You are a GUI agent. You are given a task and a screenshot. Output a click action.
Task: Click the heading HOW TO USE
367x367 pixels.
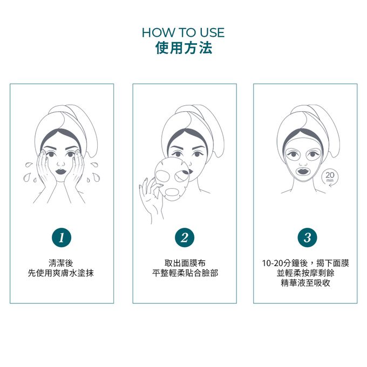pos(183,32)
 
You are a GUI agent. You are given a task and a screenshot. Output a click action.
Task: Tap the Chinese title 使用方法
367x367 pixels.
pos(183,48)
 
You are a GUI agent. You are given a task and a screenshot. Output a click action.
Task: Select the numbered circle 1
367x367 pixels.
pos(62,237)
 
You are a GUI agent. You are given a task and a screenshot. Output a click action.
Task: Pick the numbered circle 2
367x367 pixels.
pos(185,237)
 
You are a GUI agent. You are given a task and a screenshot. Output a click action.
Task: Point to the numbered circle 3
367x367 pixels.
pos(307,237)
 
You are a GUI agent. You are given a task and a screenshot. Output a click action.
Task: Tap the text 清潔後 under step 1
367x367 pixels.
pos(61,263)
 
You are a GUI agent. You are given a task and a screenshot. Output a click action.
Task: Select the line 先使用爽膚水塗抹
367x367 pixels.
pos(61,273)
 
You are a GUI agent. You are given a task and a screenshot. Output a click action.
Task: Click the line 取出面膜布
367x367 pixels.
pos(185,263)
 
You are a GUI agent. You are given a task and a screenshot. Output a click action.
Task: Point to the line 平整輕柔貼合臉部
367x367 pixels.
pos(185,273)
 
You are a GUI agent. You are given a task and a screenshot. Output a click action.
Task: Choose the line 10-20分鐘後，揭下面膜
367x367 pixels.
pos(305,263)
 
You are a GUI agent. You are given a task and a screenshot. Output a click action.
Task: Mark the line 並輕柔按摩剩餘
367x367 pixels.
pos(305,273)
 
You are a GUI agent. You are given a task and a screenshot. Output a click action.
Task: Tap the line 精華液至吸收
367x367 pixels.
pos(305,283)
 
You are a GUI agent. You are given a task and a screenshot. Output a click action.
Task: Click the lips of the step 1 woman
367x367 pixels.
pos(61,172)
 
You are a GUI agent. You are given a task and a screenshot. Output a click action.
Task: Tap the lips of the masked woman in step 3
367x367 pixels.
pos(303,171)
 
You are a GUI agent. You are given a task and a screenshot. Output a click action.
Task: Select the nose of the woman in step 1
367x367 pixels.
pos(61,162)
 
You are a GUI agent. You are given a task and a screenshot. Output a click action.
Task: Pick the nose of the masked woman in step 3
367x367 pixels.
pos(303,161)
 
